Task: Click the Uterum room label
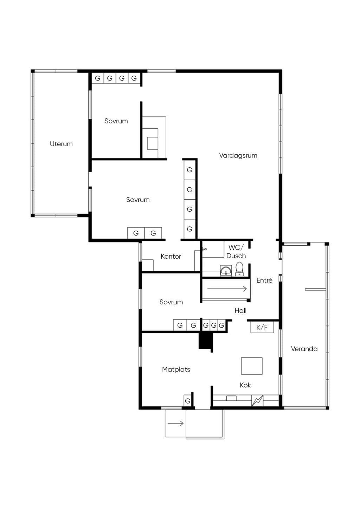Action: click(x=61, y=144)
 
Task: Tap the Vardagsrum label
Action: click(x=238, y=155)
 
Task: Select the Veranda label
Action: click(x=304, y=349)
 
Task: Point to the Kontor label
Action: click(x=171, y=256)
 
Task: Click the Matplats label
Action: click(x=176, y=369)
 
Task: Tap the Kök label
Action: click(x=245, y=385)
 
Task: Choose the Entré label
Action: click(x=264, y=280)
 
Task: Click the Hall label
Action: click(x=240, y=310)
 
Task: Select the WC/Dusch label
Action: click(x=236, y=252)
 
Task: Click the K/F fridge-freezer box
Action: click(x=262, y=328)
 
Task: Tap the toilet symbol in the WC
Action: click(x=239, y=269)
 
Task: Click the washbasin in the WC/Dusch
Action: click(x=226, y=271)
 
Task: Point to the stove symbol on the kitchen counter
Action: click(x=257, y=400)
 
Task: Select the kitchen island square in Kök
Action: click(x=252, y=366)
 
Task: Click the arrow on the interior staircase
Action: click(x=227, y=289)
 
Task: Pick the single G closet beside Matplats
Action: click(x=187, y=401)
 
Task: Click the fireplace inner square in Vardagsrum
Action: click(x=153, y=143)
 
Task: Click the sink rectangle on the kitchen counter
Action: click(x=231, y=398)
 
